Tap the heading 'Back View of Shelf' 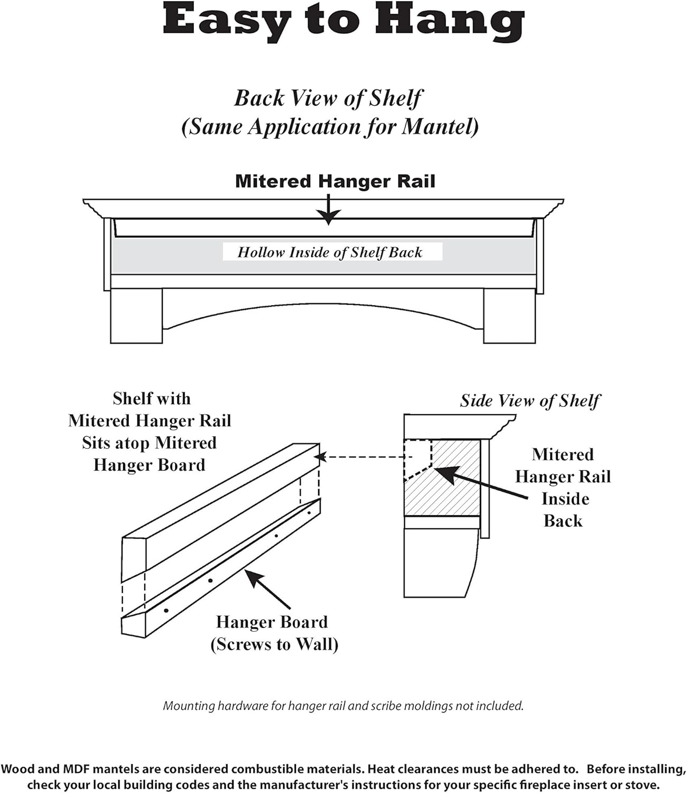tap(328, 98)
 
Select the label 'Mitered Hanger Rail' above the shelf tap(335, 181)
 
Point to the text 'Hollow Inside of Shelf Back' tap(330, 252)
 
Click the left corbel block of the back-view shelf tap(136, 316)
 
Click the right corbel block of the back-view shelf tap(509, 316)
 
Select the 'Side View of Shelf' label tap(530, 401)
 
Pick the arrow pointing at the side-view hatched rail tap(481, 482)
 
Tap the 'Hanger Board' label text tap(272, 622)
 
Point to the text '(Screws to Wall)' tap(274, 644)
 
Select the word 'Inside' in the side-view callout tap(565, 499)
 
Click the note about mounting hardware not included tap(343, 706)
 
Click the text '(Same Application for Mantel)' tap(330, 127)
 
